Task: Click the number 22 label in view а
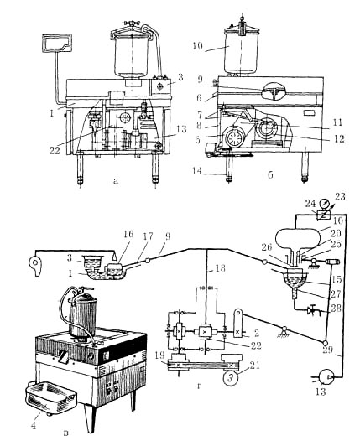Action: point(55,150)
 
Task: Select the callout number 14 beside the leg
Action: point(197,171)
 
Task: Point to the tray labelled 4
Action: point(50,397)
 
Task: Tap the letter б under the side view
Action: point(270,174)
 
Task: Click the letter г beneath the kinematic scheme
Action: point(200,386)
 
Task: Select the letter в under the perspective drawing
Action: point(65,433)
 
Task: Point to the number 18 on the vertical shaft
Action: point(218,267)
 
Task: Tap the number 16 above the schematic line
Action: point(128,234)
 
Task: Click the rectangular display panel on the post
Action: point(57,43)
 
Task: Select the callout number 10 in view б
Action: point(198,46)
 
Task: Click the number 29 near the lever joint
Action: point(327,350)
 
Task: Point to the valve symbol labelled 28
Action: point(313,310)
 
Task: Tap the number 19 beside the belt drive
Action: point(160,355)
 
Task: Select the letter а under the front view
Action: point(115,180)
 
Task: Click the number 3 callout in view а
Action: point(180,77)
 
